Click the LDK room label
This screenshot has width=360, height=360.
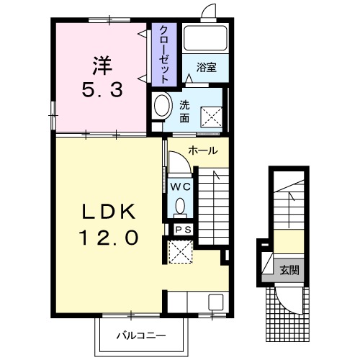point(109,212)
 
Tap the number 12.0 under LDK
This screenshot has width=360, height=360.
point(109,237)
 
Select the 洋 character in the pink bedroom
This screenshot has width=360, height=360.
point(102,66)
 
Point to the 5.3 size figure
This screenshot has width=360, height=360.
point(102,89)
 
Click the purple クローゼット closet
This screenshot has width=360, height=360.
point(164,54)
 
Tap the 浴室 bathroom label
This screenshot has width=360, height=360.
point(207,68)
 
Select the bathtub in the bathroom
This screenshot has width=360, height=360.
point(205,38)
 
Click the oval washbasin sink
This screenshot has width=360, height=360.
point(163,105)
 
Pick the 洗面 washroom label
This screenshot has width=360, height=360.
point(184,112)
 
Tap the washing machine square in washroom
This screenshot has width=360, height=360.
point(212,117)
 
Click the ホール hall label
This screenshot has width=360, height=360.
point(203,150)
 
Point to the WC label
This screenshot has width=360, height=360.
point(181,186)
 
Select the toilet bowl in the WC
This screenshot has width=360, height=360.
point(180,207)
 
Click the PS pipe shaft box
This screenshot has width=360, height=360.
point(183,230)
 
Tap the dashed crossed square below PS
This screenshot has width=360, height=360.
point(180,252)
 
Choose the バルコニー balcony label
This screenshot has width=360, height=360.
point(141,336)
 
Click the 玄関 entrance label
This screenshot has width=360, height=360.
point(289,271)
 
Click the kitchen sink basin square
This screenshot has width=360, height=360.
point(216,302)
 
